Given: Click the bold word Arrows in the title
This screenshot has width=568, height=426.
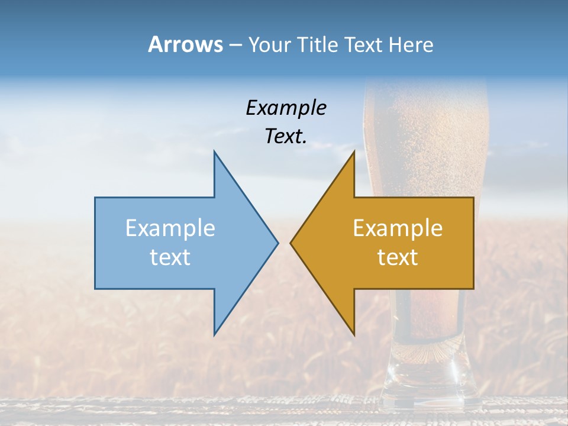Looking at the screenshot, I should [185, 44].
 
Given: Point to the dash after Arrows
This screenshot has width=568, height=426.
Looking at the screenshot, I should [235, 46].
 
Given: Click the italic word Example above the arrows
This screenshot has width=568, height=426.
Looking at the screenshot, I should [286, 108].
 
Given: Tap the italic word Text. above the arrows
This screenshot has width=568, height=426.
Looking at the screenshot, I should [286, 136].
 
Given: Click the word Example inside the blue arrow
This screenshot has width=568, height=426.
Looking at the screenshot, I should [170, 228].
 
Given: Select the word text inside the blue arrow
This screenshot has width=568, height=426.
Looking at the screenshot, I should [170, 257].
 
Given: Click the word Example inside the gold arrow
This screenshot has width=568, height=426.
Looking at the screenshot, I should [398, 228].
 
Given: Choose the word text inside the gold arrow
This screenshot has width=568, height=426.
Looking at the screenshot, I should [398, 257].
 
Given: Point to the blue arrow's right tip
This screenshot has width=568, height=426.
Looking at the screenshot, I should [277, 243].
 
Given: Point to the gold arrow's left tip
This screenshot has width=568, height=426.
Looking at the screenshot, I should [291, 243].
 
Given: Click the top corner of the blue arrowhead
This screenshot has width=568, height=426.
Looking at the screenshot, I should [214, 151].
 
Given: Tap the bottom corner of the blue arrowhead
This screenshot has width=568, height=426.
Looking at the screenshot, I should [214, 334].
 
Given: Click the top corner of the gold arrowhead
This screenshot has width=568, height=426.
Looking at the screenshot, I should [354, 151].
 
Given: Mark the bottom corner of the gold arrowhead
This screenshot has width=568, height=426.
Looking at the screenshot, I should [354, 334].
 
